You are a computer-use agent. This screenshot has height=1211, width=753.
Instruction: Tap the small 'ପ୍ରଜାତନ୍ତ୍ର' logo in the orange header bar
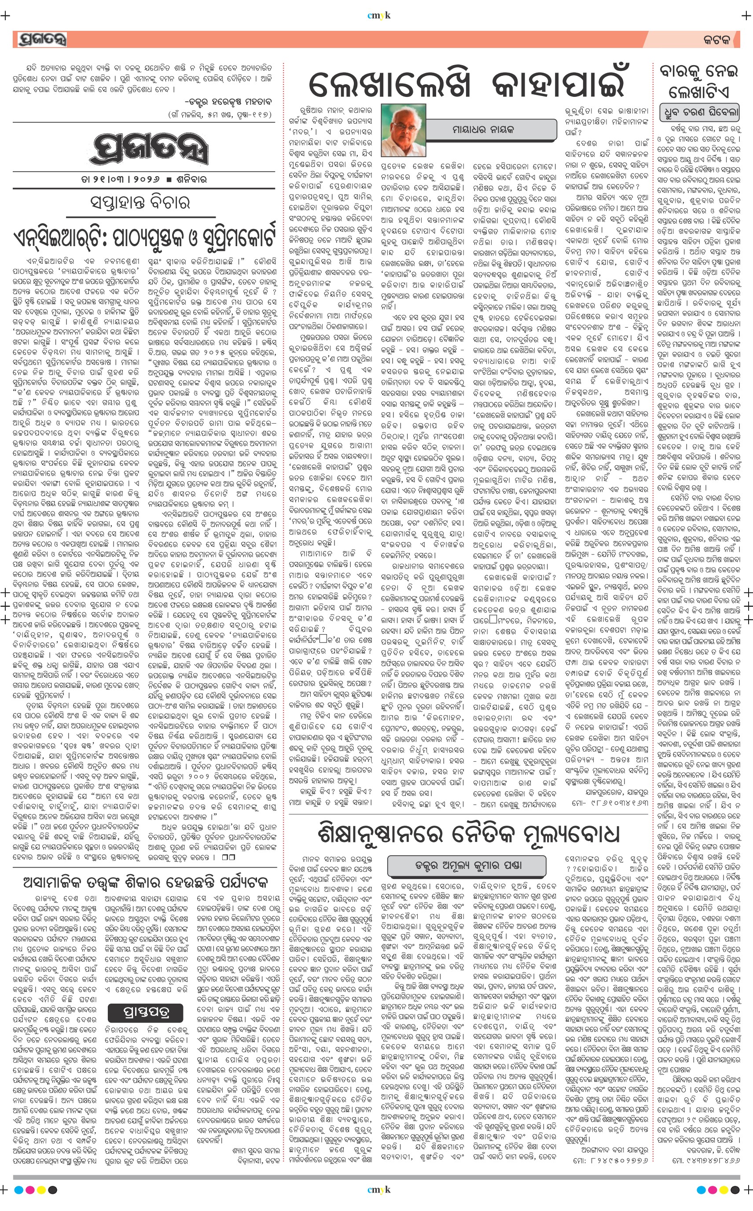pos(41,39)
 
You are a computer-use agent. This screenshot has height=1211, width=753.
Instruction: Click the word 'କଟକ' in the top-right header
pos(716,40)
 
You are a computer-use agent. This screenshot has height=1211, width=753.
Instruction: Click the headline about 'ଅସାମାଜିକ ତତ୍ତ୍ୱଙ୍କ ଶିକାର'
pos(145,882)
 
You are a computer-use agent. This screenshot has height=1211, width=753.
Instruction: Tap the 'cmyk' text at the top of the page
pos(378,15)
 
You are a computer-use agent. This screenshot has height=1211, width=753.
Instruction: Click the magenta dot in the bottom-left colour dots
pos(30,1190)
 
